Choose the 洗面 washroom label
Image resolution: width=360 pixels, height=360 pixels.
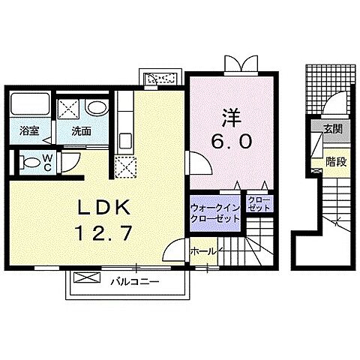point(80,130)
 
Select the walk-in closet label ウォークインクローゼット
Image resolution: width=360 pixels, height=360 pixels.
point(215,211)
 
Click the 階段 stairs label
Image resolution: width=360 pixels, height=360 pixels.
point(335,159)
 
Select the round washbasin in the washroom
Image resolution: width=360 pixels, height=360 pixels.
point(95,107)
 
